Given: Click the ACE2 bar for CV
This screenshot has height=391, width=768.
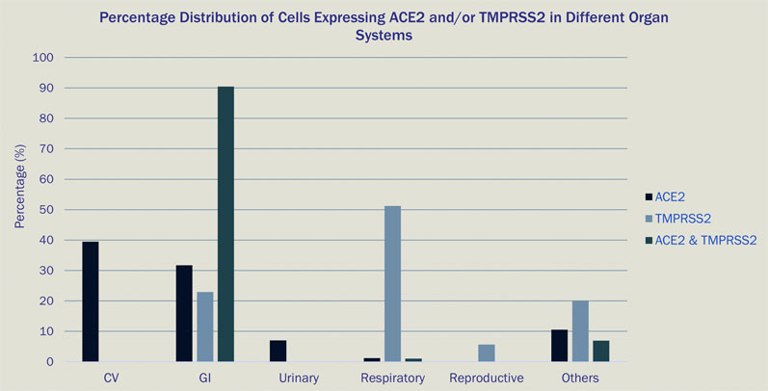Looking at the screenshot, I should tap(91, 301).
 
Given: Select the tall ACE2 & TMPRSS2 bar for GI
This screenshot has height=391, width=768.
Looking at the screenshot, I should tap(225, 224).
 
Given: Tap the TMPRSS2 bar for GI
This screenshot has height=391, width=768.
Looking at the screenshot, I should tap(205, 326).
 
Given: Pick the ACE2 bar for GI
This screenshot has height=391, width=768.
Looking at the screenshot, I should tap(185, 313).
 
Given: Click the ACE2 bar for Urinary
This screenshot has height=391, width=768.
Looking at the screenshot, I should tap(278, 351).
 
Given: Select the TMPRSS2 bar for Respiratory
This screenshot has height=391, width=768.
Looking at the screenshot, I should tap(392, 283).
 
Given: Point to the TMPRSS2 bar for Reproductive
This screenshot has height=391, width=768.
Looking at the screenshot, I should tap(487, 352).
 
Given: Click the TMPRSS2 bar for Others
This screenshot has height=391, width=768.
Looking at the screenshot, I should tap(580, 330).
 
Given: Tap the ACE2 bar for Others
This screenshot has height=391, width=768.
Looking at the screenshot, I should tap(560, 345).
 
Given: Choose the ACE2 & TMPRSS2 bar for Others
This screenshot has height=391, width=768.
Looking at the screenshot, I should tap(600, 351).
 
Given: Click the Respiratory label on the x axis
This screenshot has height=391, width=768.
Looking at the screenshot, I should tap(392, 378).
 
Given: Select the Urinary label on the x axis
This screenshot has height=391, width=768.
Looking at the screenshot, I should tap(299, 378).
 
